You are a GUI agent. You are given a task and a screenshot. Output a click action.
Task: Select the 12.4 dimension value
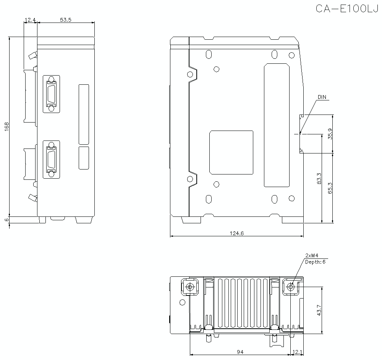[30, 19]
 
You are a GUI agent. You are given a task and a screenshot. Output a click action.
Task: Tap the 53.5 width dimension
[65, 19]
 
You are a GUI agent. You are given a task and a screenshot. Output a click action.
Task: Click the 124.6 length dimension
[236, 233]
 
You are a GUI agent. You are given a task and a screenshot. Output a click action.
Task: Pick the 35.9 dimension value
[330, 134]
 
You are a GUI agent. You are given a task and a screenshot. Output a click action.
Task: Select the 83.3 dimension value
[319, 179]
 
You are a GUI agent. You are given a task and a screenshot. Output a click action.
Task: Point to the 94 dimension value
[240, 352]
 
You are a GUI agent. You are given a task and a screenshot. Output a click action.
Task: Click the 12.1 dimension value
[298, 352]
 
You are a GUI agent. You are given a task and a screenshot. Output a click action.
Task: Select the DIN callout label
[322, 97]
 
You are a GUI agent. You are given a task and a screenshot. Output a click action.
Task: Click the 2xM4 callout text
[312, 255]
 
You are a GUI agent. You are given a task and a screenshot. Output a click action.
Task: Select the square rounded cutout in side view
[231, 152]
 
